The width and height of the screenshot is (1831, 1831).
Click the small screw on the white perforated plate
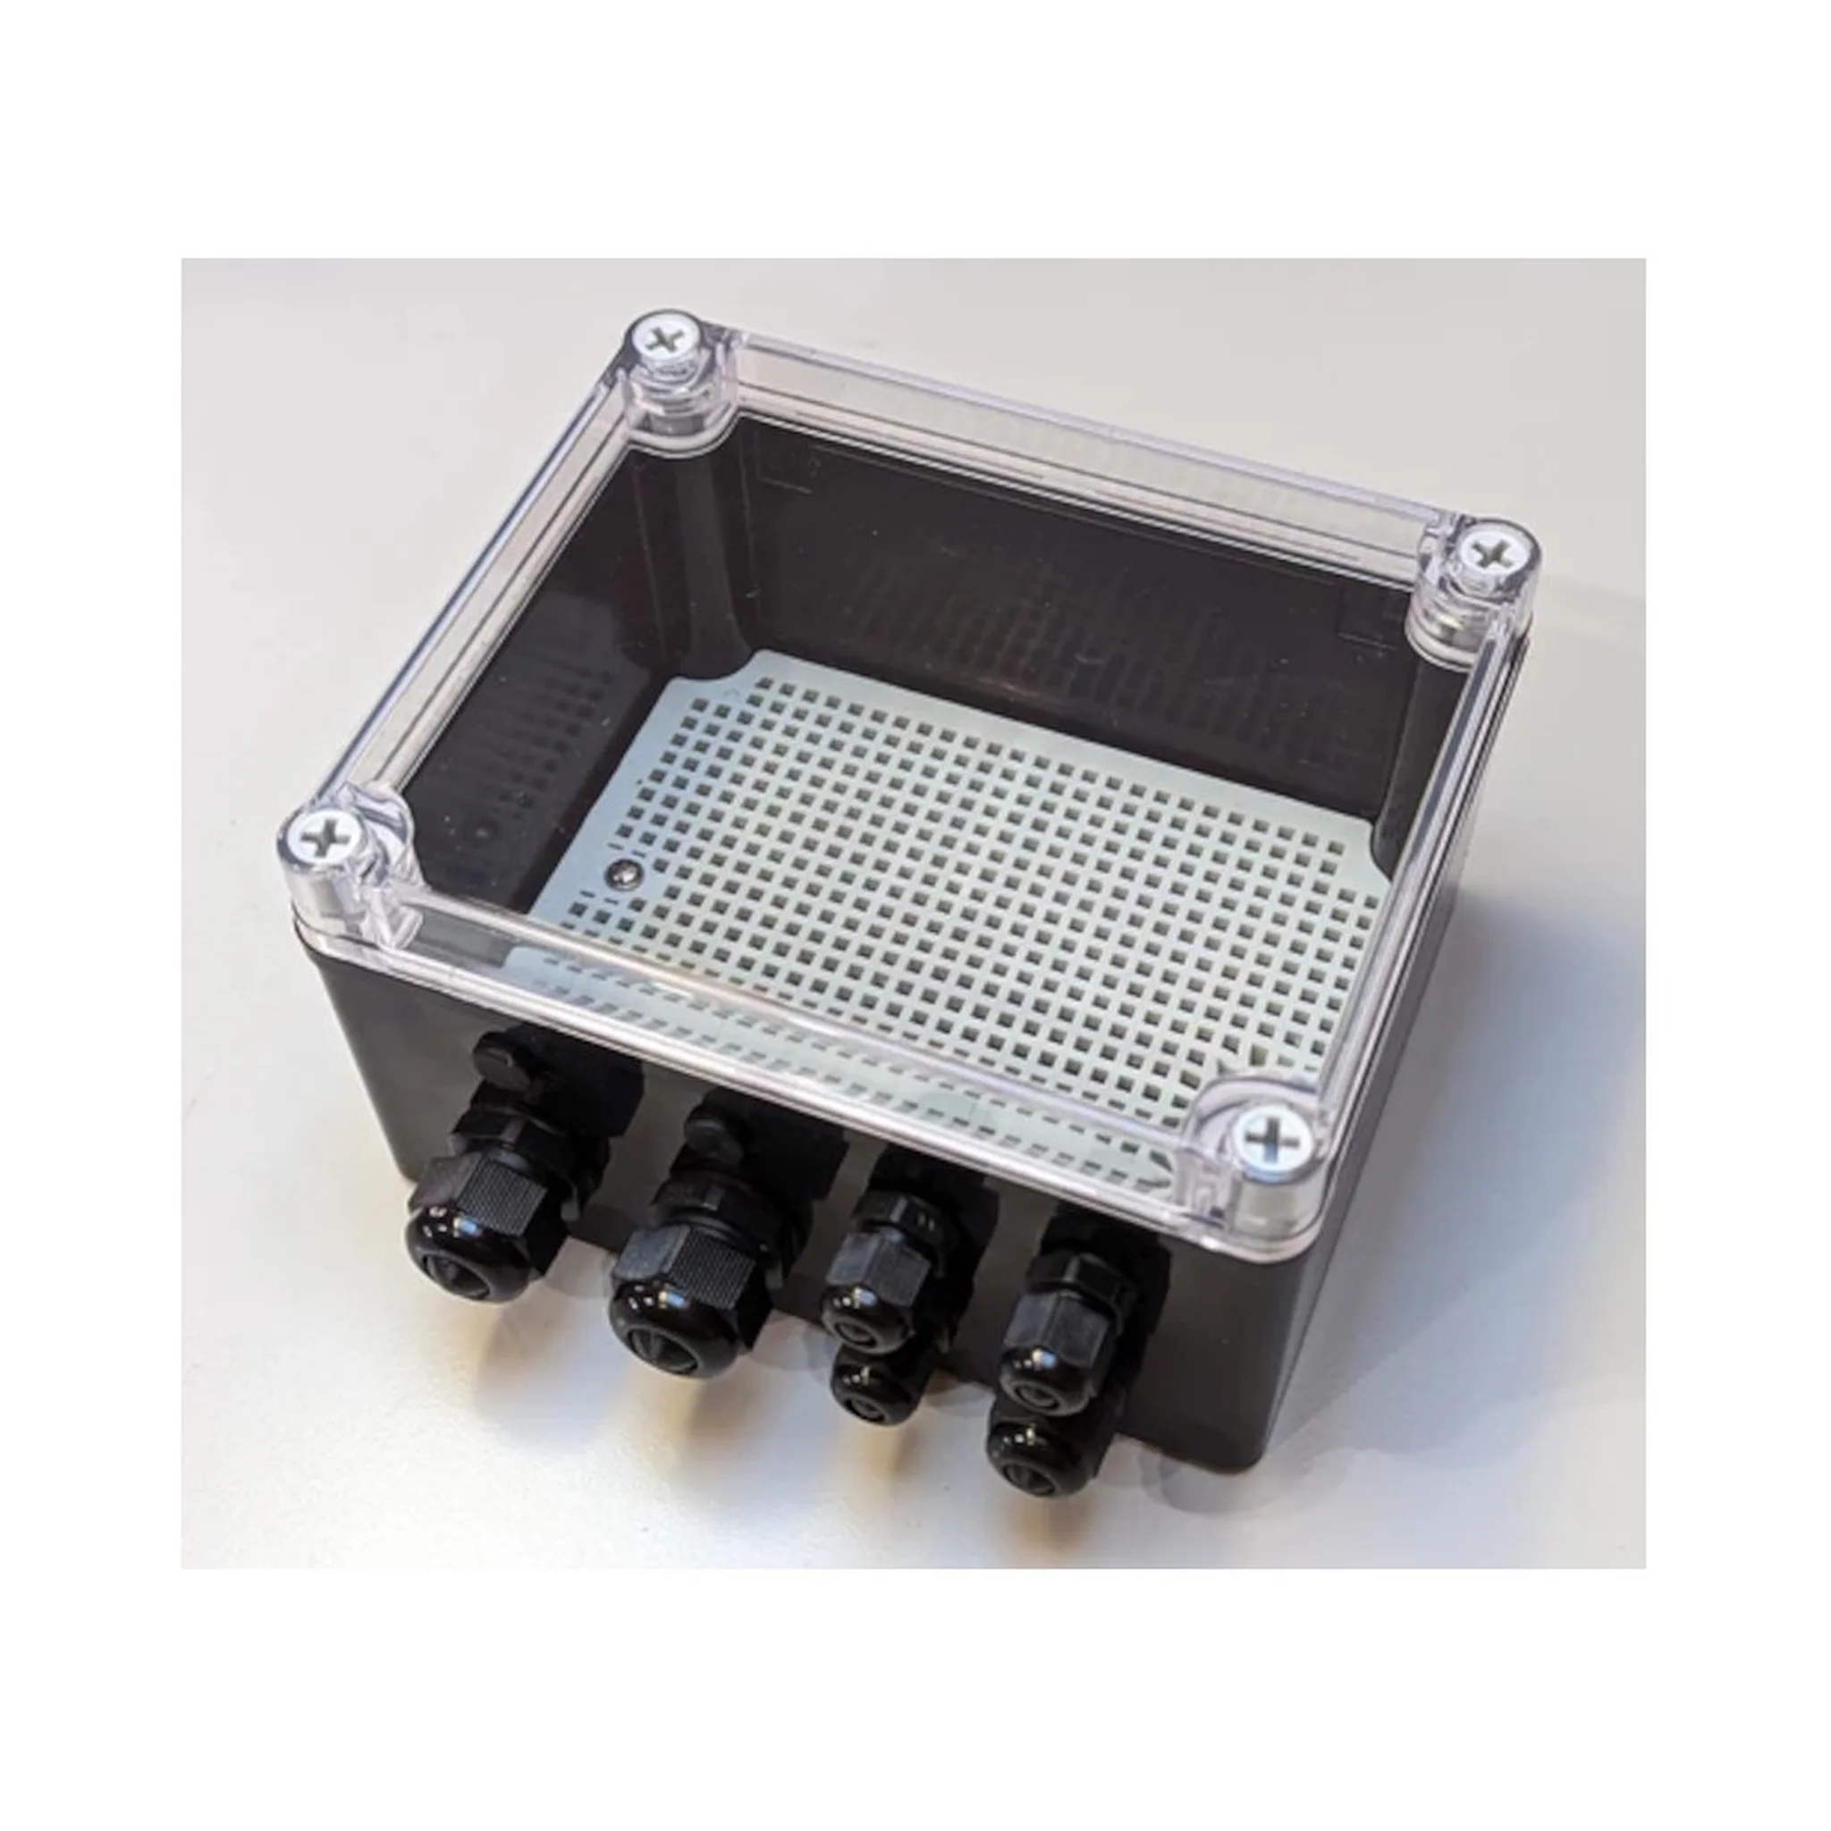coord(627,870)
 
